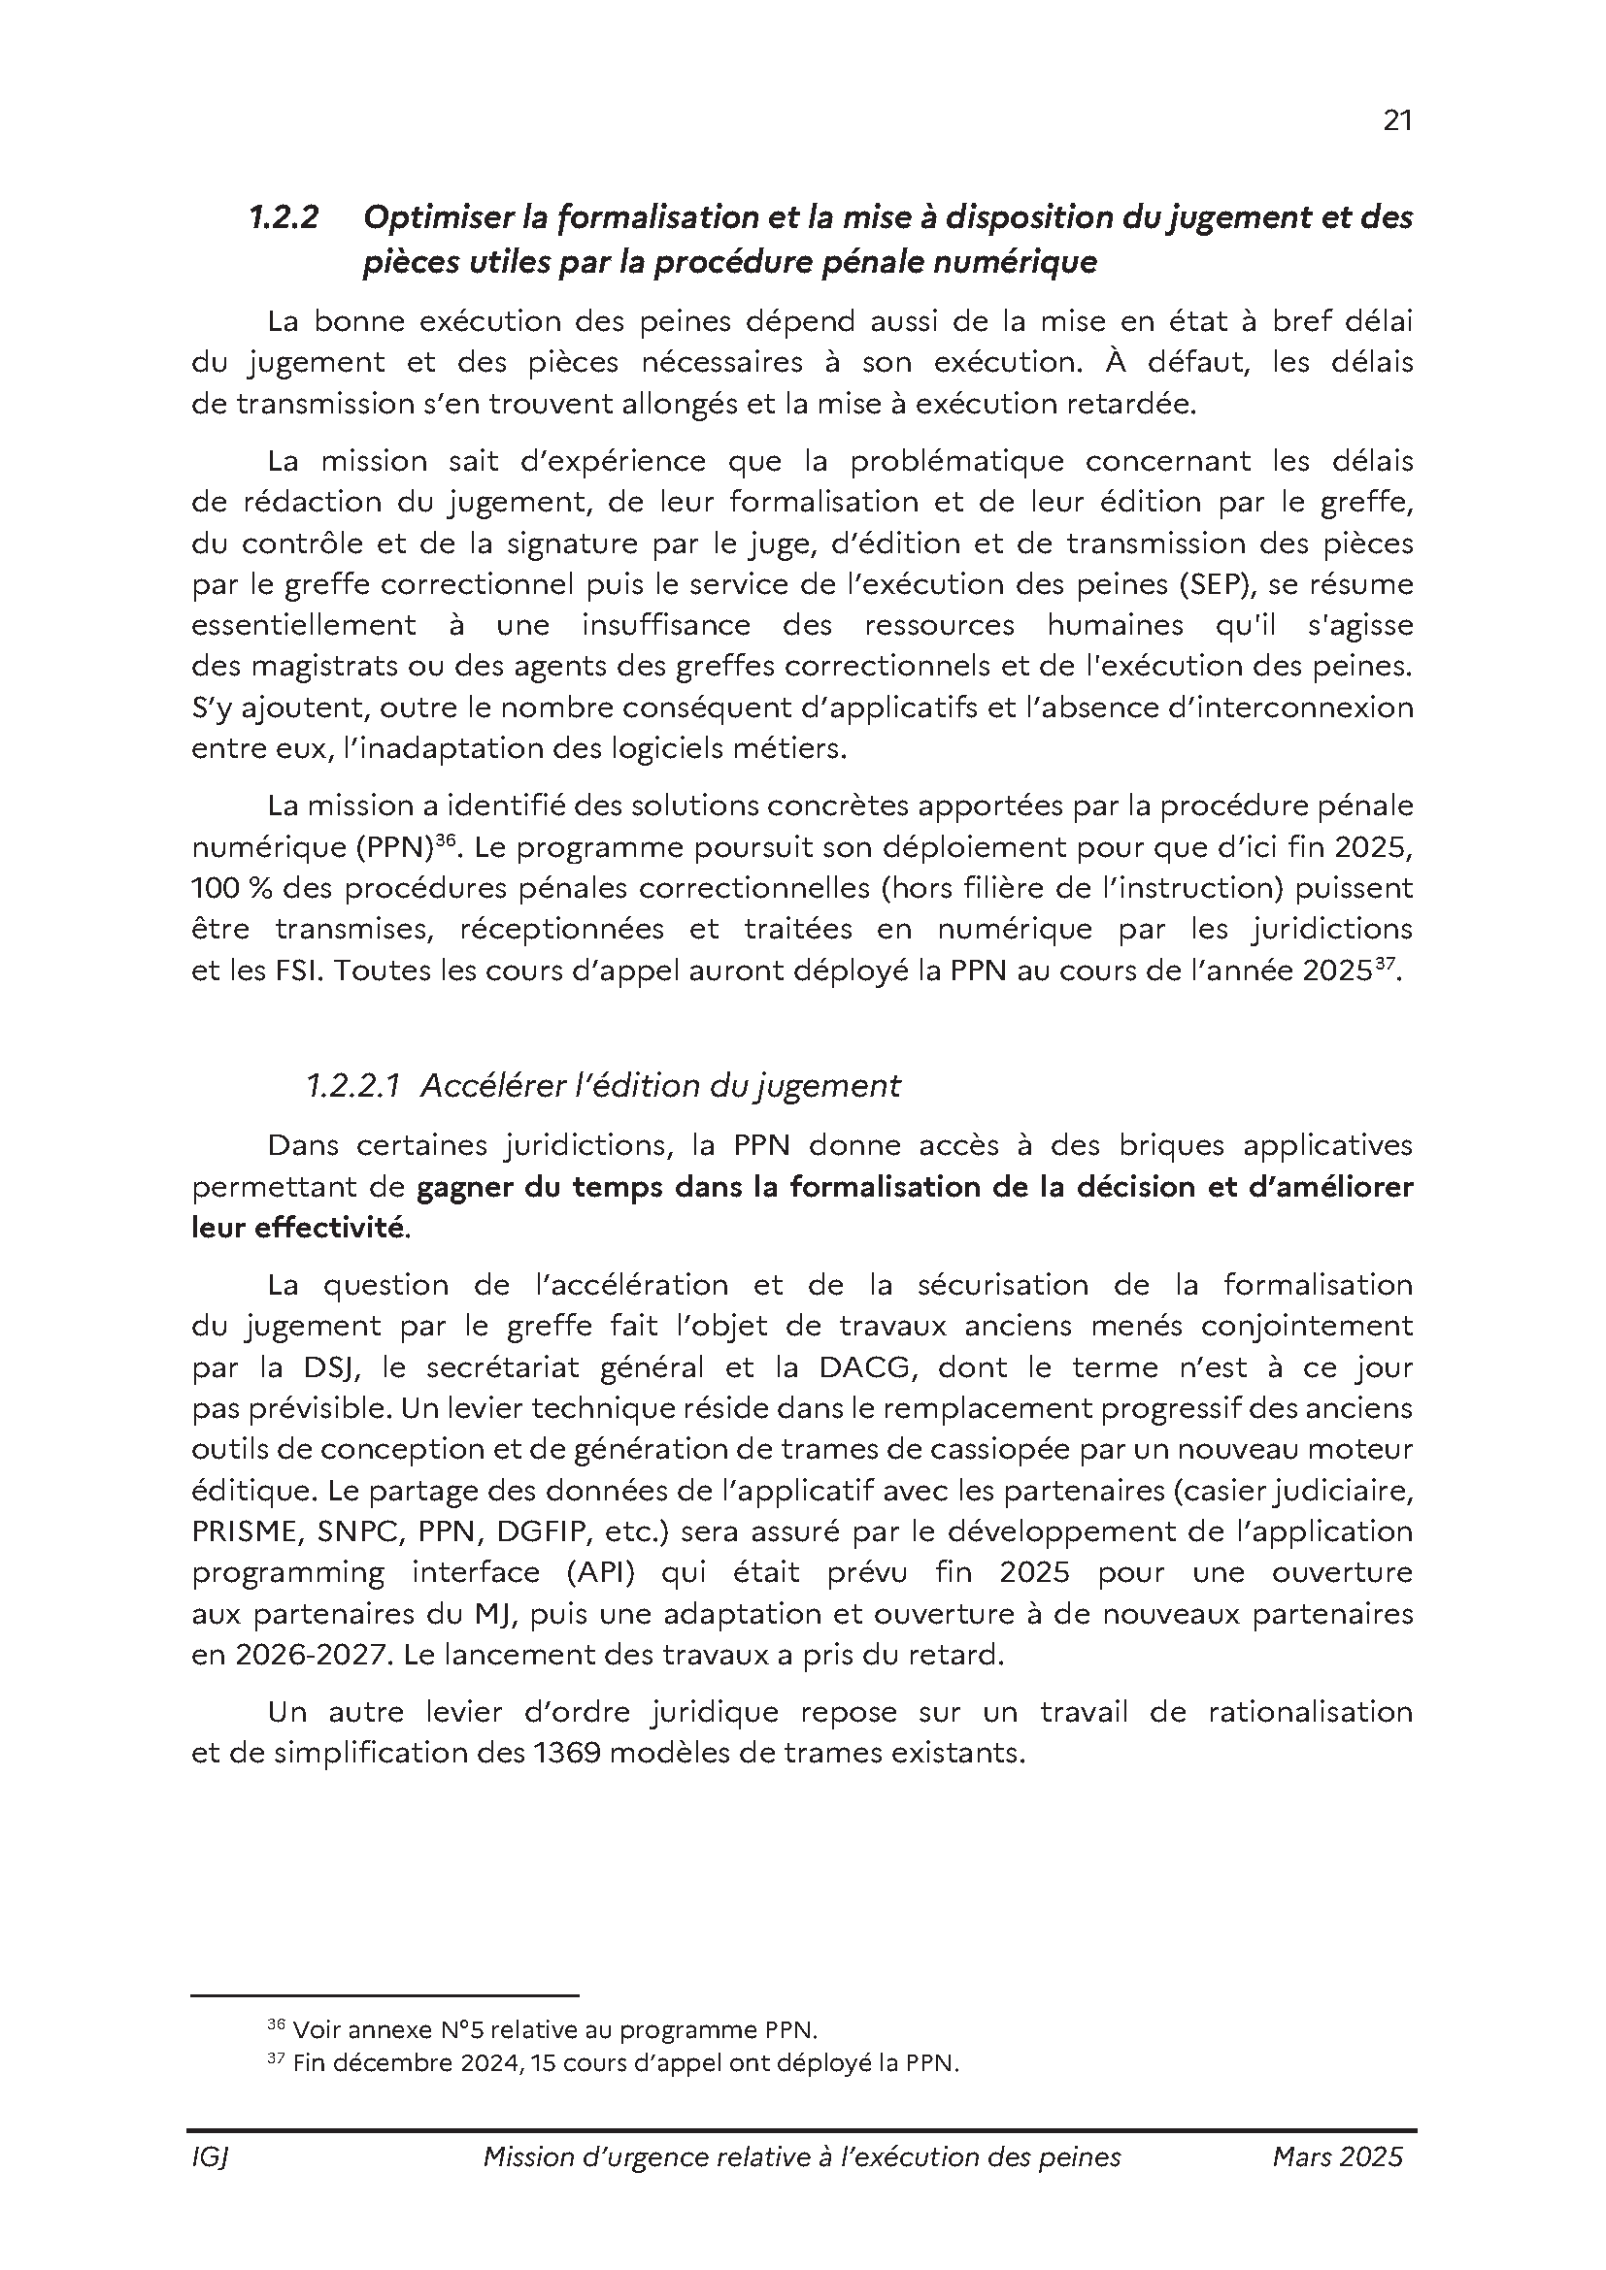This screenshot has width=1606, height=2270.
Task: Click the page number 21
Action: [x=1396, y=120]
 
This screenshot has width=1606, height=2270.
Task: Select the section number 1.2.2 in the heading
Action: [x=283, y=217]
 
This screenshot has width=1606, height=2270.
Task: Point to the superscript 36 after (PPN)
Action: [x=444, y=839]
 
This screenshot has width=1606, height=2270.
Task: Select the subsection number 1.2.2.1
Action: [x=352, y=1086]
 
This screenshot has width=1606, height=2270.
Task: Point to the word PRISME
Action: [x=247, y=1531]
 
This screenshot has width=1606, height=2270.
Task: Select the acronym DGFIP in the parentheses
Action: [x=540, y=1531]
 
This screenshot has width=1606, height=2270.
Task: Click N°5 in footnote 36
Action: [x=460, y=2030]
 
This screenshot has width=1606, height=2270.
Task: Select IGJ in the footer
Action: [x=210, y=2156]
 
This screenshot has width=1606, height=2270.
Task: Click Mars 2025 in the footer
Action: [x=1337, y=2156]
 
